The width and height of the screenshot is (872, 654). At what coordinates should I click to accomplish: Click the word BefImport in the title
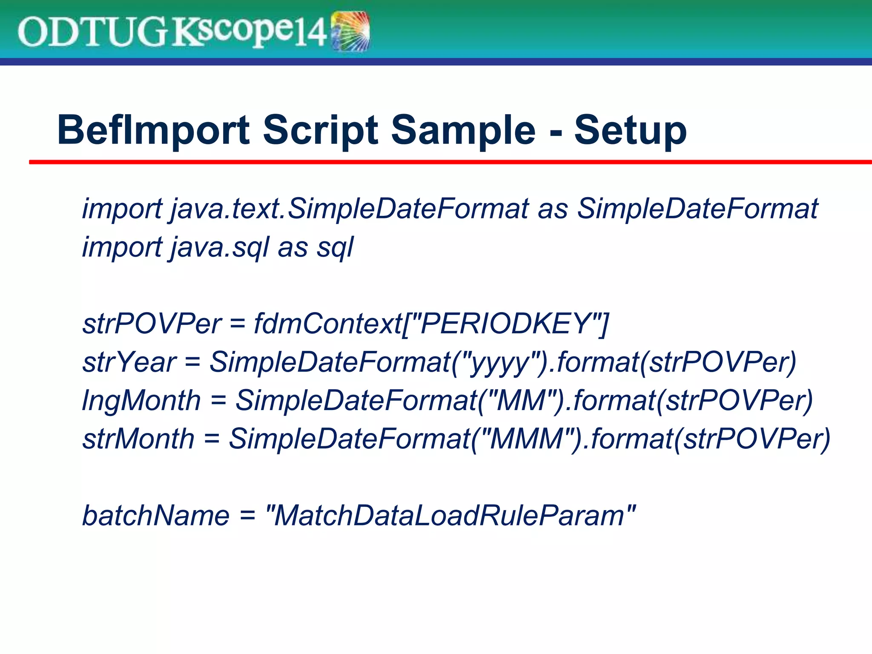(x=153, y=130)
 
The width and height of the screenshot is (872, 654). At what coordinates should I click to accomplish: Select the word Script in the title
(x=320, y=130)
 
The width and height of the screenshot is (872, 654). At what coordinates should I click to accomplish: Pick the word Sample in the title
(x=463, y=130)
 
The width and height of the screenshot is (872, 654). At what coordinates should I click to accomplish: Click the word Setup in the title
(x=630, y=130)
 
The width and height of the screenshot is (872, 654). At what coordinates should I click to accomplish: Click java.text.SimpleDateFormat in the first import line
(x=349, y=209)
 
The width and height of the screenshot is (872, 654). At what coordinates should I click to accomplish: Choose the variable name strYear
(x=129, y=362)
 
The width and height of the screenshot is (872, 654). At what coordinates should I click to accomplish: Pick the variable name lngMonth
(x=141, y=401)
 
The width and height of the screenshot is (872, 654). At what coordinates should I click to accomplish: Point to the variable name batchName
(x=155, y=516)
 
